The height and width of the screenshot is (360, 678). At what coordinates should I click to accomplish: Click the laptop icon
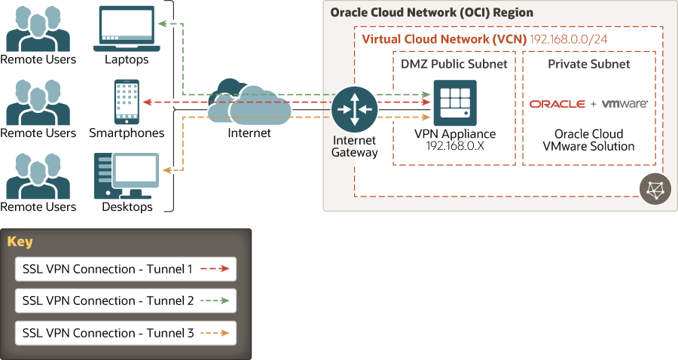click(x=127, y=29)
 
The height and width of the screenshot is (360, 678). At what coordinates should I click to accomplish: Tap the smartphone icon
click(x=127, y=101)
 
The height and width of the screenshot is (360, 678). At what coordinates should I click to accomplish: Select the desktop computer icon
click(x=126, y=175)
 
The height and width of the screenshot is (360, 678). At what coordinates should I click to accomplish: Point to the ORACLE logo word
click(x=557, y=104)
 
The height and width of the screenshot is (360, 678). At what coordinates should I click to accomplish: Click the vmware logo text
click(x=625, y=104)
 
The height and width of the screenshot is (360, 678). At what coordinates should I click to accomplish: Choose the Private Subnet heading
click(x=589, y=64)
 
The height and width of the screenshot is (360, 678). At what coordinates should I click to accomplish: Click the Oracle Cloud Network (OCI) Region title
click(x=432, y=13)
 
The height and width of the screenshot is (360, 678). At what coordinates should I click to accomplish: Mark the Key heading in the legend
click(x=20, y=242)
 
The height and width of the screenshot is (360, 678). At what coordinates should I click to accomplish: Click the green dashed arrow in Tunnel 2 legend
click(x=215, y=301)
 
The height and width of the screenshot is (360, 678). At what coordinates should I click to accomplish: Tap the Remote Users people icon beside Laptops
click(x=38, y=29)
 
